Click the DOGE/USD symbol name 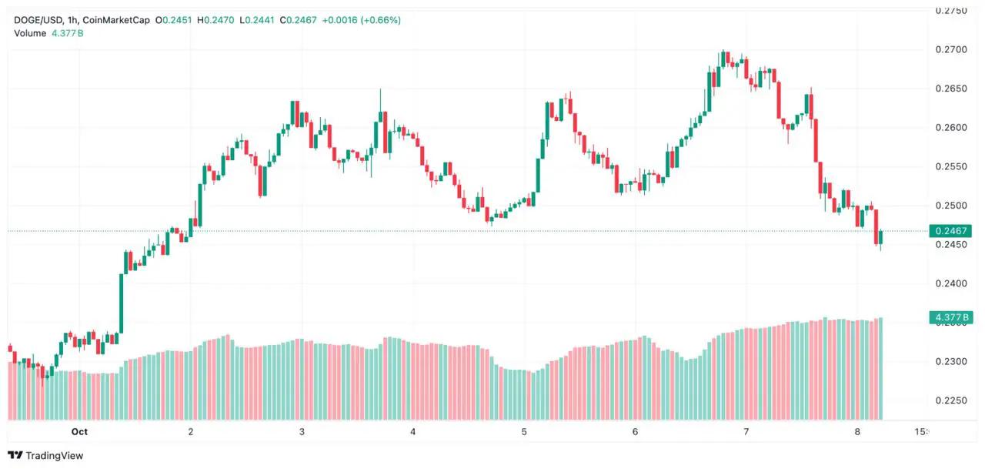[x=35, y=20]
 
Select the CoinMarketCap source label [x=114, y=20]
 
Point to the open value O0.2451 [x=174, y=20]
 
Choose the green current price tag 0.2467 [x=950, y=231]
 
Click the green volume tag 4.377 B [x=950, y=317]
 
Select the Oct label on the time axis [x=79, y=431]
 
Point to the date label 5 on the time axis [x=524, y=431]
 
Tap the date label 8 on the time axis [x=857, y=431]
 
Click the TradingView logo [x=46, y=455]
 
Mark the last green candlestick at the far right [x=881, y=237]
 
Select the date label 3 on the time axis [x=302, y=431]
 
